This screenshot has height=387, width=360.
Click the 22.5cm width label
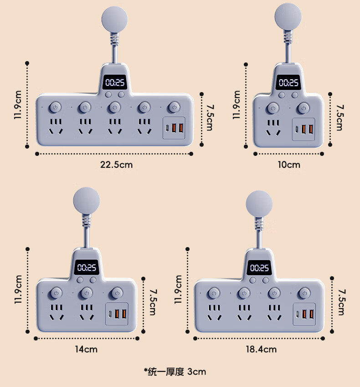(x=117, y=165)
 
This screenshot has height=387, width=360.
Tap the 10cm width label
(x=289, y=165)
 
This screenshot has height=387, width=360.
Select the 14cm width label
(x=87, y=350)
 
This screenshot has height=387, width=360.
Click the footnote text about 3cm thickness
(x=175, y=372)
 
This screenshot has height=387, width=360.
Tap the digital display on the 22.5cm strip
(x=114, y=83)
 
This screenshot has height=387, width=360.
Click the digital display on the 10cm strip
(x=288, y=83)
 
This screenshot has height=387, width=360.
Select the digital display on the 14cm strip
(x=86, y=268)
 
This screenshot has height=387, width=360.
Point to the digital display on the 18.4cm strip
(x=258, y=268)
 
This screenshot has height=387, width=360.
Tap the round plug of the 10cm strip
(x=288, y=16)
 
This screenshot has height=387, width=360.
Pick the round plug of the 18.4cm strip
(x=258, y=204)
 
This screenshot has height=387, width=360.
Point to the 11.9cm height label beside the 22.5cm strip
(x=17, y=104)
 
